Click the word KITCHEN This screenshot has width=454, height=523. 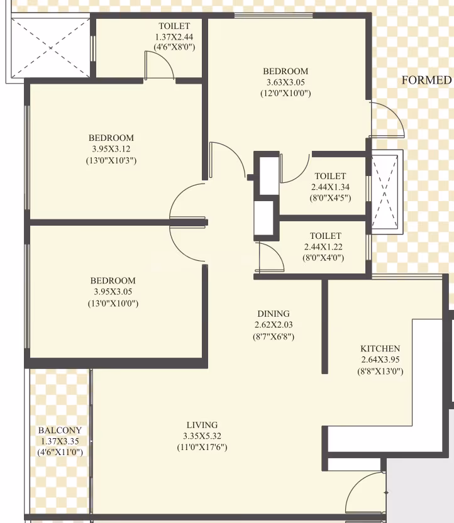380,348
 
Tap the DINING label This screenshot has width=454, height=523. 273,314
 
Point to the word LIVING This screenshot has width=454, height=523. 202,425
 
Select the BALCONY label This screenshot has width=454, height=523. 60,430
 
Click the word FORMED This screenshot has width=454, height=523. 426,80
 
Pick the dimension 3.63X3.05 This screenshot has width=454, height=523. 285,82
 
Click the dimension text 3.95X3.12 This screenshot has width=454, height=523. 111,149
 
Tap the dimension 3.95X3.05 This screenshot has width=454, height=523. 113,292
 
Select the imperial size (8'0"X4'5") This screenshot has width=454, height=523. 330,198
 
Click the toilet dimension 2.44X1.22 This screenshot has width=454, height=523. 323,247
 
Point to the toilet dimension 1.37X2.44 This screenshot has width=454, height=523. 174,36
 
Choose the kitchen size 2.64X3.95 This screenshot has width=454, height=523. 380,360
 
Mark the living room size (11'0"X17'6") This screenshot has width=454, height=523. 202,447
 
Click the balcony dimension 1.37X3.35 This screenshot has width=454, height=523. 60,441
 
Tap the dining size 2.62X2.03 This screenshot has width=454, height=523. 274,324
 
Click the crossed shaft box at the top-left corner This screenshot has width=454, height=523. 50,48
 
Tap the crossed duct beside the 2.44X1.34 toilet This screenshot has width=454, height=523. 385,192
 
